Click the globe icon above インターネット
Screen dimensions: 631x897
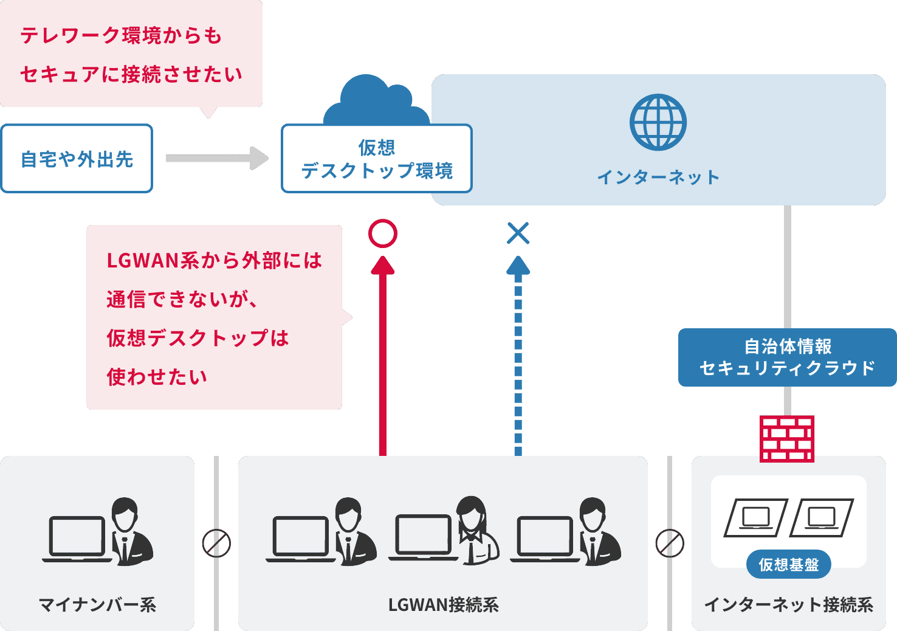[x=658, y=122]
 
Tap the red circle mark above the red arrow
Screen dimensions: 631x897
[x=383, y=233]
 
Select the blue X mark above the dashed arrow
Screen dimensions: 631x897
[x=518, y=233]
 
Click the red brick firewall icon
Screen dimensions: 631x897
[x=787, y=439]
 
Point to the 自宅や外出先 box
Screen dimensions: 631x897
[x=77, y=159]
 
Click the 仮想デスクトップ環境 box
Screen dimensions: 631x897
[x=377, y=159]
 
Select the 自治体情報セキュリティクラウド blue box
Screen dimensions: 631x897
[x=787, y=357]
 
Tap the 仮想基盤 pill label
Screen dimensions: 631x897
[x=788, y=565]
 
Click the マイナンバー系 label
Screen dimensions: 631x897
[x=97, y=605]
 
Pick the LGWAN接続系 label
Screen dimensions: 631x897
[x=443, y=605]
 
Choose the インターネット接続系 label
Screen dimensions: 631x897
[x=788, y=605]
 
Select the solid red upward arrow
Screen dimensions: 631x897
[x=383, y=359]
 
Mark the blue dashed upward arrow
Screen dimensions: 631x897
[x=518, y=359]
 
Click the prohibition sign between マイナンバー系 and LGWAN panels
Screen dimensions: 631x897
[x=216, y=543]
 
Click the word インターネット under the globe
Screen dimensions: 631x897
[x=658, y=178]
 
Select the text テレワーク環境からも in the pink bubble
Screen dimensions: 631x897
[x=122, y=36]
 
